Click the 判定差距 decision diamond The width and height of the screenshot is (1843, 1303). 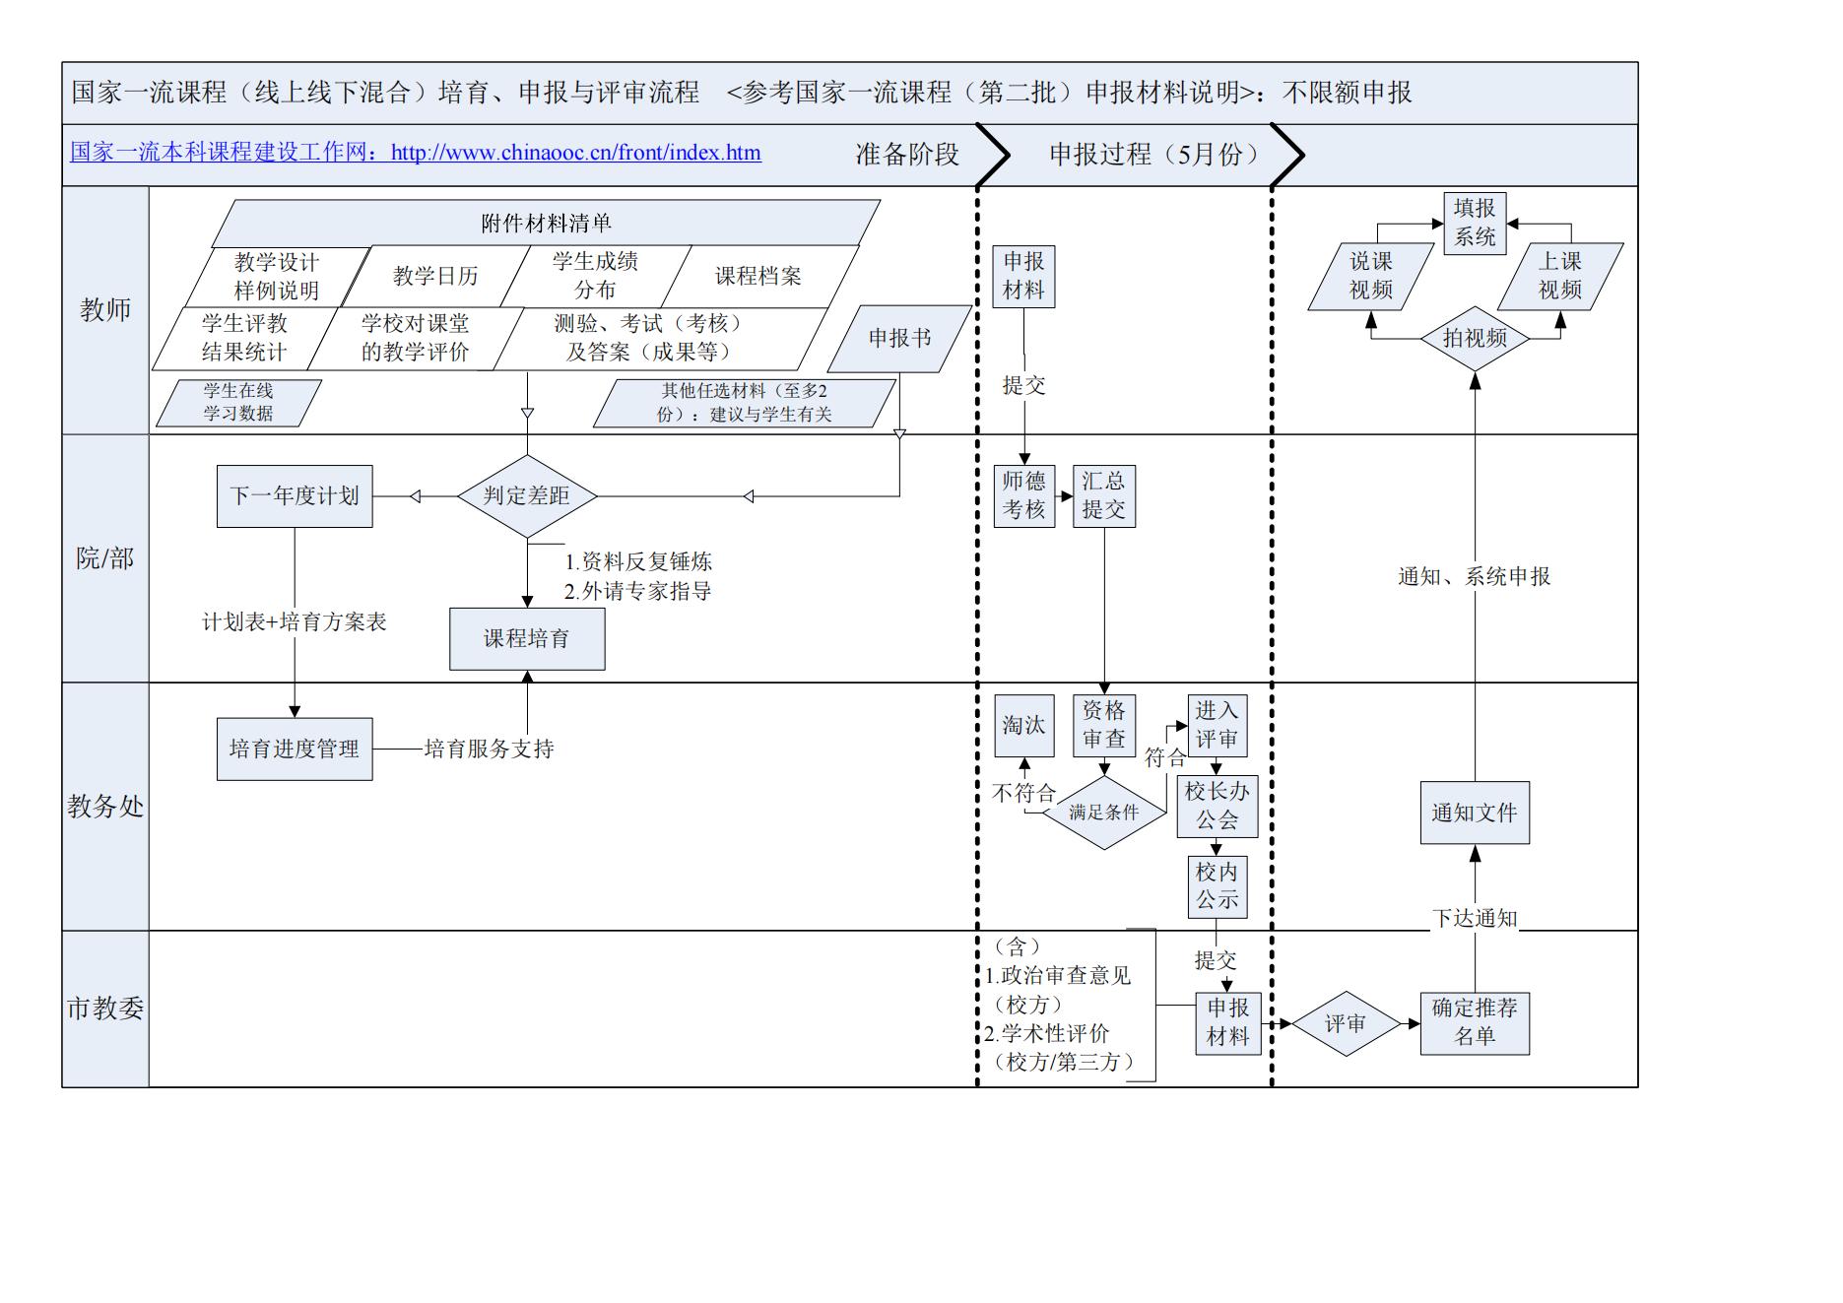tap(527, 496)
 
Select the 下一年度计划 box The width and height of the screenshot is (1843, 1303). tap(295, 496)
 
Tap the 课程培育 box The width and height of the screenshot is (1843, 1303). tap(527, 639)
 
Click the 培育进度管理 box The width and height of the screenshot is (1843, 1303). tap(295, 749)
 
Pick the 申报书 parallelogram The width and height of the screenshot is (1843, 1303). tap(899, 339)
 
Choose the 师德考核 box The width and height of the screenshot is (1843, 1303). tap(1023, 495)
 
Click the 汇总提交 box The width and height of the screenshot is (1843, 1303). tap(1103, 495)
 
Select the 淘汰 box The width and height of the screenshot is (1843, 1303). tap(1023, 726)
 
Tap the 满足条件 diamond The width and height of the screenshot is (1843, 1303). tap(1104, 813)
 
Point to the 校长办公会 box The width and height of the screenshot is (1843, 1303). tap(1217, 806)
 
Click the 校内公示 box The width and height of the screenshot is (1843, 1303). tap(1217, 886)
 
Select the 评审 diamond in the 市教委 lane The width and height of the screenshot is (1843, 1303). tap(1346, 1024)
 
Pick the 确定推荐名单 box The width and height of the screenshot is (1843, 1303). tap(1475, 1023)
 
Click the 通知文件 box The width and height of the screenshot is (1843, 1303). tap(1475, 814)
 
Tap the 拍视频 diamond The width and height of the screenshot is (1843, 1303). tap(1475, 339)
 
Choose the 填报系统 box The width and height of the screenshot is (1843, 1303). tap(1475, 224)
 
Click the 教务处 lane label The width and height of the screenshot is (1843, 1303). tap(105, 807)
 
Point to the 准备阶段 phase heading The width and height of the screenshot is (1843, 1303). tap(907, 155)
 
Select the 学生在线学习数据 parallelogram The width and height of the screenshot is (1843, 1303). tap(238, 403)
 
